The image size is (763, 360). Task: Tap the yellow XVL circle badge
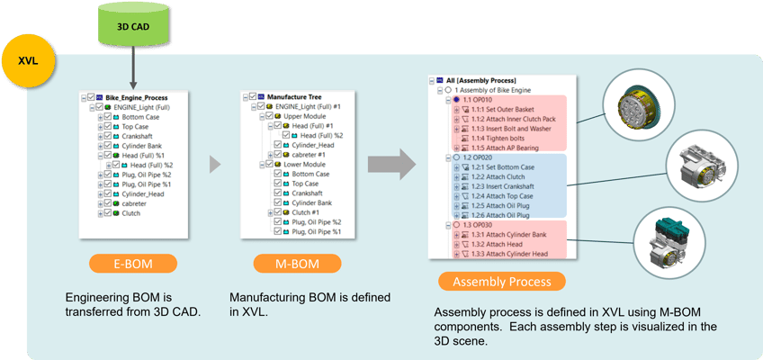coord(28,62)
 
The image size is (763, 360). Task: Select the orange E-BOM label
coord(131,264)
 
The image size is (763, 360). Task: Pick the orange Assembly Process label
coord(501,282)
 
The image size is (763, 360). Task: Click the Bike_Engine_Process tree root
coord(136,97)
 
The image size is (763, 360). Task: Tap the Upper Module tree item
coord(305,116)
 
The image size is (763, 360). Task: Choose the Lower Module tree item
coord(305,165)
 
